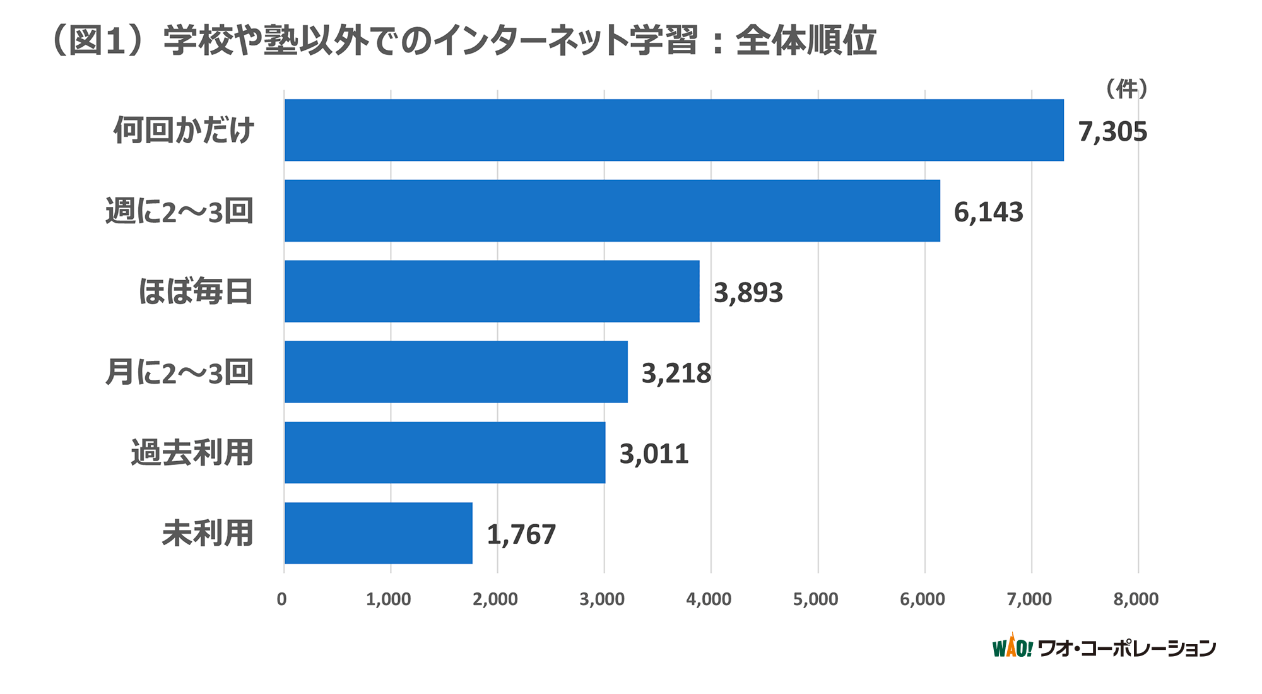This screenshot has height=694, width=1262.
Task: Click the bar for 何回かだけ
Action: point(674,130)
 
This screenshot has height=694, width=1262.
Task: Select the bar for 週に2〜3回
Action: point(612,211)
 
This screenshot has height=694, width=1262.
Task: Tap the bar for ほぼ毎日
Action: point(492,291)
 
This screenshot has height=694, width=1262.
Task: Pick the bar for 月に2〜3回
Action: point(456,372)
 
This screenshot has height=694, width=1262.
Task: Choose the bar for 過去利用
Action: point(445,452)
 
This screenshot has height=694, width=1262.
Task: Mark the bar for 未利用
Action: point(379,533)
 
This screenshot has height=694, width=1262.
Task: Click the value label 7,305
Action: point(1112,132)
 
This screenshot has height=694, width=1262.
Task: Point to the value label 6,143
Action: point(988,213)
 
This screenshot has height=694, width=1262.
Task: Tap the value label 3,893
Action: point(748,293)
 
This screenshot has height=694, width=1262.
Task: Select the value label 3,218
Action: point(676,373)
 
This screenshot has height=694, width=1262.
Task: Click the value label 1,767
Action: point(521,535)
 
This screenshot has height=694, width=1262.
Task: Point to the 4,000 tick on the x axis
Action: point(709,599)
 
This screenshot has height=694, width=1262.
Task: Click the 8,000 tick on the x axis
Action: point(1136,599)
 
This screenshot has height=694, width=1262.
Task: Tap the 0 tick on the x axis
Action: point(282,599)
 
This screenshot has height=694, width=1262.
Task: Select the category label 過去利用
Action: point(192,453)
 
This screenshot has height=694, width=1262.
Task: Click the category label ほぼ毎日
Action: point(196,291)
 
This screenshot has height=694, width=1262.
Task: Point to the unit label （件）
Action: point(1126,89)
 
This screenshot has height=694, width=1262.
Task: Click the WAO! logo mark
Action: point(1012,647)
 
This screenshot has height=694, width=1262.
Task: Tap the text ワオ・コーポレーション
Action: point(1126,649)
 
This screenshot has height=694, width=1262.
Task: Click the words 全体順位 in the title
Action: point(806,41)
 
